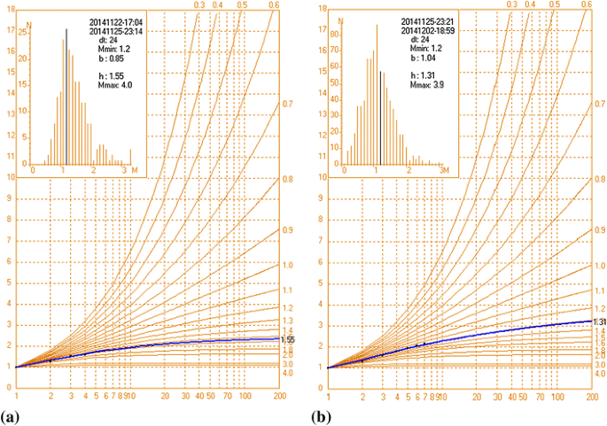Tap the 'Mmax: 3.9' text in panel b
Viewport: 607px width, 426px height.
click(x=423, y=86)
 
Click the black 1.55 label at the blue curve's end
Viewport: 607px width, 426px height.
click(x=287, y=340)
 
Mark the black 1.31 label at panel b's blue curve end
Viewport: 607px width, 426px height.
click(x=598, y=321)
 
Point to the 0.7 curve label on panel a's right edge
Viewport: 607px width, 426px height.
click(x=287, y=105)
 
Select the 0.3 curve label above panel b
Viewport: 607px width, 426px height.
click(x=511, y=5)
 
